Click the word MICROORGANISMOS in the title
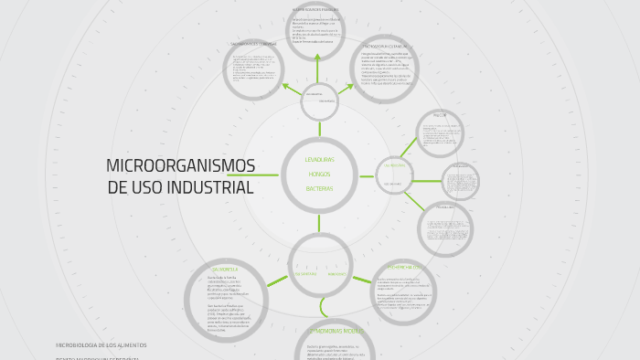click(180, 166)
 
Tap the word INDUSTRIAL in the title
click(207, 187)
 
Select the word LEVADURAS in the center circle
click(319, 159)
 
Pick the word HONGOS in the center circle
click(320, 174)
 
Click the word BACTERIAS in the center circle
click(319, 188)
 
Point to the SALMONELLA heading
click(225, 270)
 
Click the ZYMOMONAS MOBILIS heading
click(335, 331)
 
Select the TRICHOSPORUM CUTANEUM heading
click(384, 45)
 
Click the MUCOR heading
click(439, 117)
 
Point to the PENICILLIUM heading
click(444, 207)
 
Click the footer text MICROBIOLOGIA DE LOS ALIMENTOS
click(101, 345)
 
